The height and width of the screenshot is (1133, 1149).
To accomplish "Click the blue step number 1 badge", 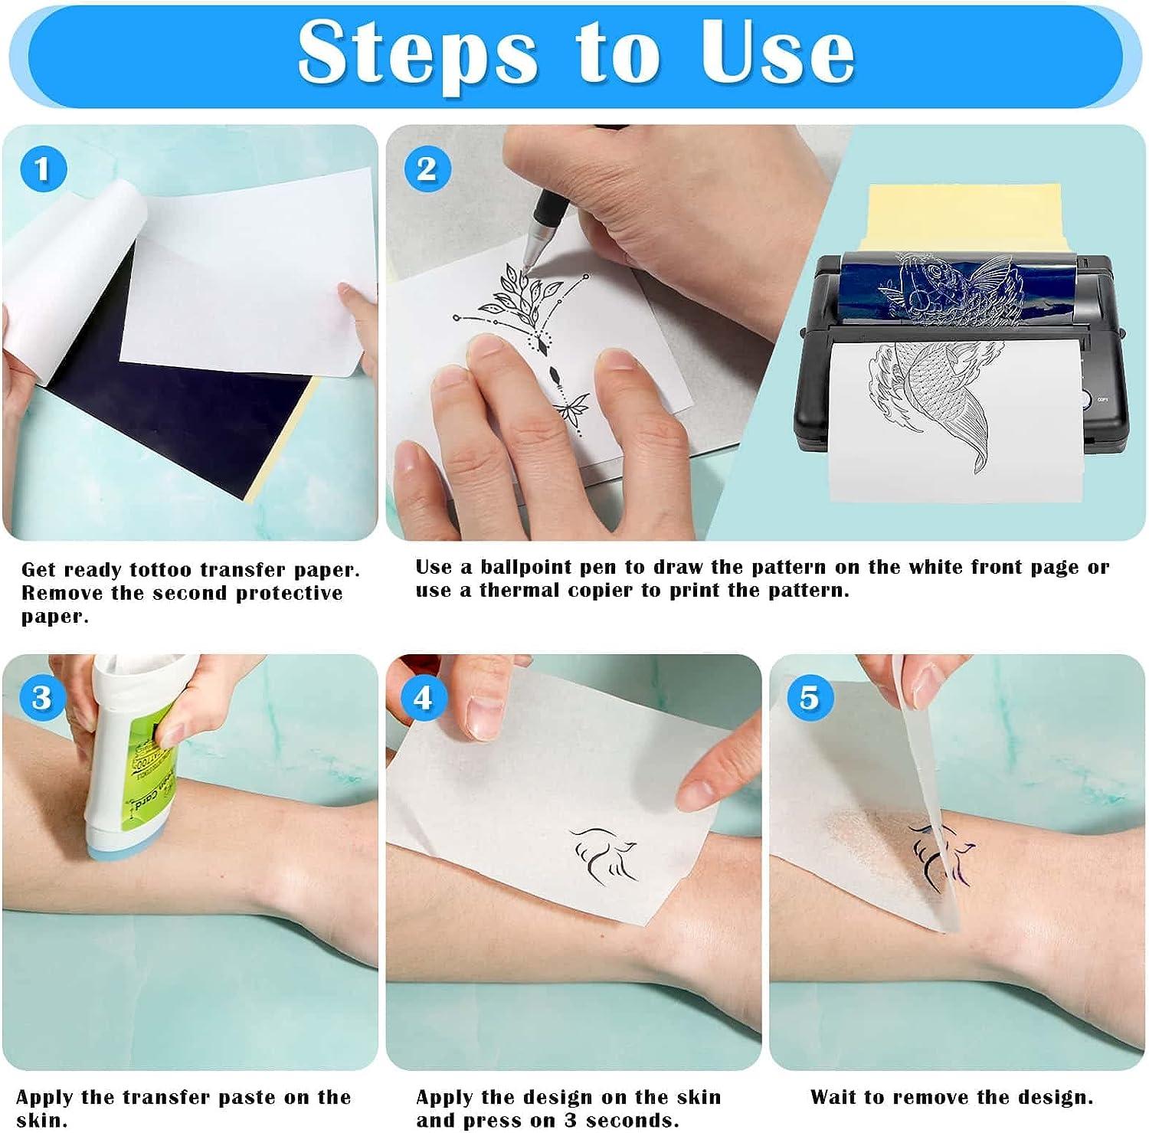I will click(43, 169).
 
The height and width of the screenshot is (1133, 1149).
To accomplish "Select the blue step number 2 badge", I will click(427, 169).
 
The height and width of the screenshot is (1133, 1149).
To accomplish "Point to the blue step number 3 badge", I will click(42, 698).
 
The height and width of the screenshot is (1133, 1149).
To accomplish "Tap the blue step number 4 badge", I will click(423, 698).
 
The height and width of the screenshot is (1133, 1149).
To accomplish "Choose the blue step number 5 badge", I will click(809, 698).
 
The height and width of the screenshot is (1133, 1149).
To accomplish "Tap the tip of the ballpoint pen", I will click(527, 264).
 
